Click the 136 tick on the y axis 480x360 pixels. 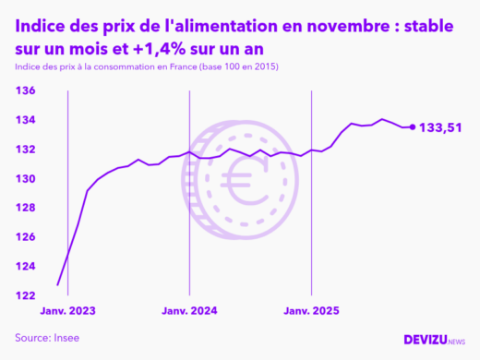click(24, 90)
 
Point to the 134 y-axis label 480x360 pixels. click(24, 120)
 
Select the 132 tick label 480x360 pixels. click(24, 150)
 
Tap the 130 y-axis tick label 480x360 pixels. click(24, 178)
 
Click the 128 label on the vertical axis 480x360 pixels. click(24, 208)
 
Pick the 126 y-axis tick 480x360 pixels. click(24, 237)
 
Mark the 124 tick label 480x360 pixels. click(24, 266)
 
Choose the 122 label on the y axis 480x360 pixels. click(24, 295)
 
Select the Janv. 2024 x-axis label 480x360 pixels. click(189, 312)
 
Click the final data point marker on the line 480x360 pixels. click(412, 127)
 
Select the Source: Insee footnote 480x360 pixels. click(47, 338)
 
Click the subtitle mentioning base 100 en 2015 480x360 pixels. click(147, 67)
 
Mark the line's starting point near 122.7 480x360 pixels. click(58, 285)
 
